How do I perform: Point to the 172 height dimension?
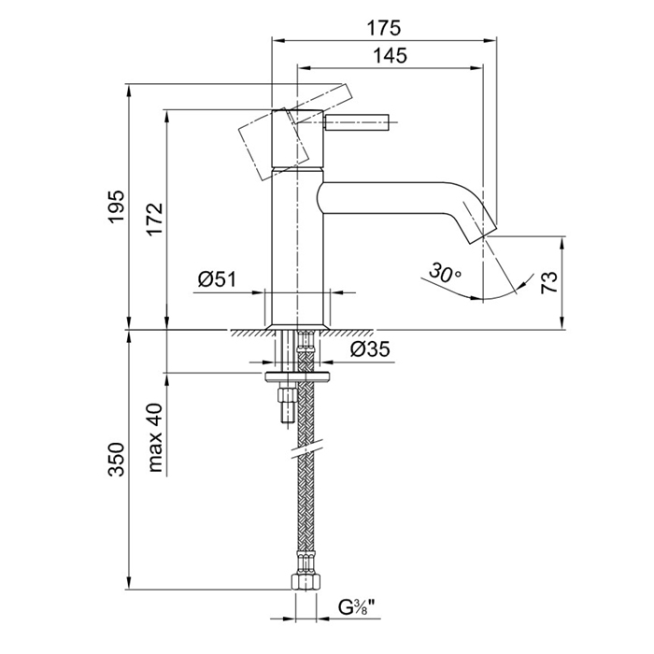pos(155,219)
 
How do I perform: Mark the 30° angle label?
pos(446,275)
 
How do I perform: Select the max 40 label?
pos(155,438)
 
